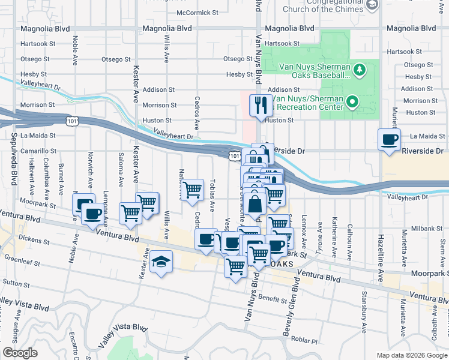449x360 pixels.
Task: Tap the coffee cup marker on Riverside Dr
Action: pos(389,140)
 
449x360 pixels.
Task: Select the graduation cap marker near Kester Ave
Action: pos(161,262)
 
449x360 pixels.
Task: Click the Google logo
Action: pos(20,353)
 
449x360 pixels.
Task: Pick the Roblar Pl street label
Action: pos(305,339)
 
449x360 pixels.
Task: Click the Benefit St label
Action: pos(273,298)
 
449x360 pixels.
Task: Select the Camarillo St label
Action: pos(38,151)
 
